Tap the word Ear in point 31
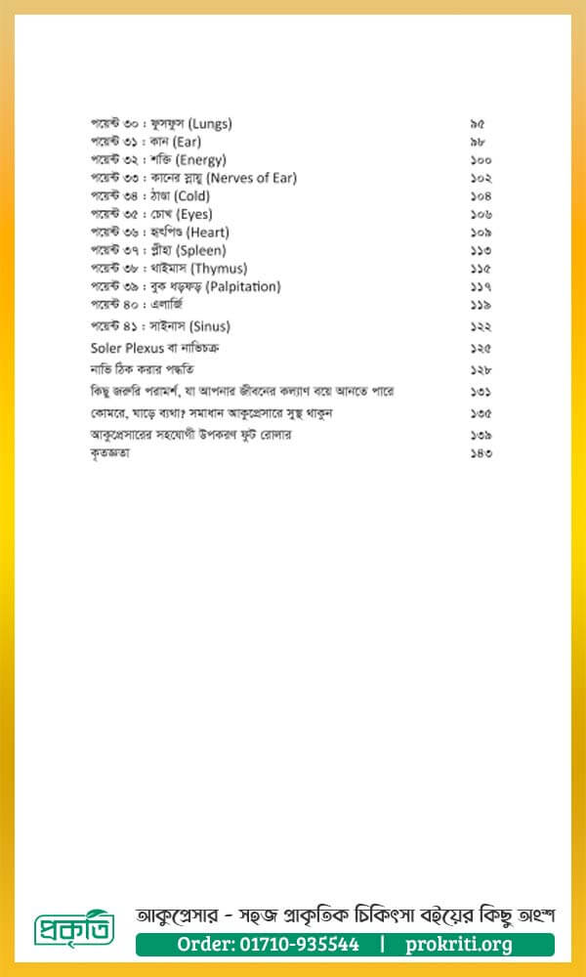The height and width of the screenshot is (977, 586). tap(186, 142)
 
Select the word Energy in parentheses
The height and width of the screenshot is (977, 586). tap(202, 159)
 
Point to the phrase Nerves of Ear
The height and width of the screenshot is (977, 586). tap(252, 178)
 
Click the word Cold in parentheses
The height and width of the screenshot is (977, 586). tap(192, 195)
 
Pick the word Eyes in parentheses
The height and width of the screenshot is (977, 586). tap(193, 214)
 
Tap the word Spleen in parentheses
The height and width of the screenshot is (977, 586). tap(203, 250)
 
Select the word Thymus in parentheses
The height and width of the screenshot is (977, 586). tap(220, 268)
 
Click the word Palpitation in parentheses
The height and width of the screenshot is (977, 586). tap(243, 286)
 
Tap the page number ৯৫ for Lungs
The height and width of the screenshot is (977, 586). tap(477, 124)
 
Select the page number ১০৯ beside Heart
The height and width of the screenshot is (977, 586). tap(480, 232)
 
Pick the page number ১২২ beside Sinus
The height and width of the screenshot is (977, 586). tap(480, 325)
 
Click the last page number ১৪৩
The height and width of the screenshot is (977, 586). tap(480, 453)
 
